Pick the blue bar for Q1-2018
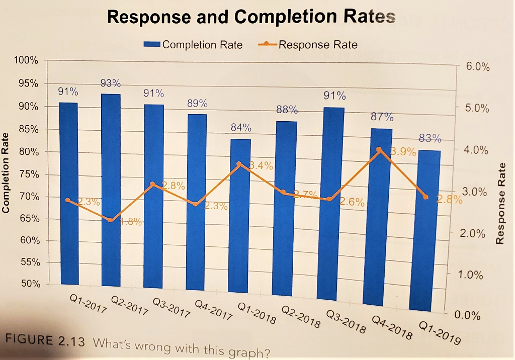[x=240, y=216]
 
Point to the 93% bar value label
[x=110, y=83]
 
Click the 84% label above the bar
[x=241, y=128]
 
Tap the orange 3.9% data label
[x=403, y=152]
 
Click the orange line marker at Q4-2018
[x=379, y=149]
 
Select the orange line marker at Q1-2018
[x=239, y=164]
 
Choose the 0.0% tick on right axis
[x=468, y=315]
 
